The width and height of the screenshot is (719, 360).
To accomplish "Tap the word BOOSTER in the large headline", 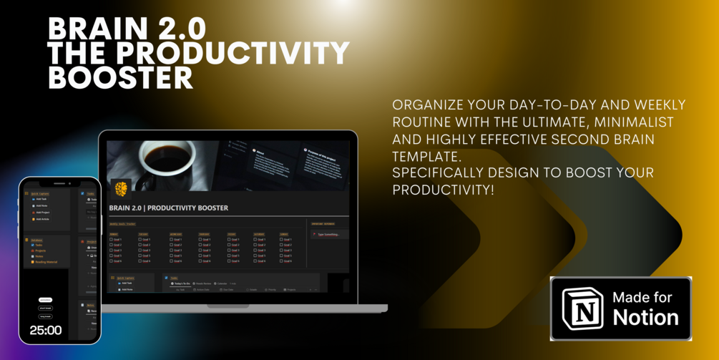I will (x=120, y=78).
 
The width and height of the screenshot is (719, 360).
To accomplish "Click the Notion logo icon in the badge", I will (x=582, y=308).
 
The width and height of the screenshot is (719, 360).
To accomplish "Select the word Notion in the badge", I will (x=645, y=317).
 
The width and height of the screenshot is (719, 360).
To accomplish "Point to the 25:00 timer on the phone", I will (x=45, y=331).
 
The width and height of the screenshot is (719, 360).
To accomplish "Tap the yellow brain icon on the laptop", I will (x=122, y=188).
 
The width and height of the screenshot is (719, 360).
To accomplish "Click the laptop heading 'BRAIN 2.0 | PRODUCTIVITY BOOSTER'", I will (x=169, y=208).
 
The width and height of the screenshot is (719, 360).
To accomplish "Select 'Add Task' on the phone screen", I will (x=41, y=199).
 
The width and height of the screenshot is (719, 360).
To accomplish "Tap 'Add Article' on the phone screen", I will (x=42, y=219).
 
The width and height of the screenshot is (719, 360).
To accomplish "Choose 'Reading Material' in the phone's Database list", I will (x=46, y=262).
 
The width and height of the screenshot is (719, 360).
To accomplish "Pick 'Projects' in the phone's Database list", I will (x=41, y=250).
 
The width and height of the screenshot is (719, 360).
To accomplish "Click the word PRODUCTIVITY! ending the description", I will (x=444, y=190).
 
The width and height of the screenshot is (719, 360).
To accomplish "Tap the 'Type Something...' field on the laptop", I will (x=328, y=234).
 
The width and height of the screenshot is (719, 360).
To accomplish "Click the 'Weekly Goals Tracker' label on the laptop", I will (x=122, y=224).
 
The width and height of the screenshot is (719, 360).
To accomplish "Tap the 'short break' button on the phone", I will (x=45, y=308).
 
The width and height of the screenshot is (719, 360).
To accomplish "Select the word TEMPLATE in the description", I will (x=425, y=155).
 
